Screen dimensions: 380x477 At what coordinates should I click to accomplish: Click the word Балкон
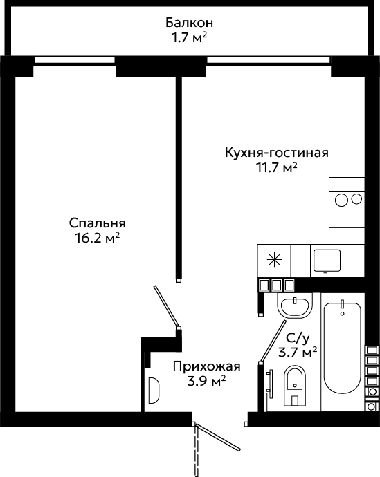pos(189,23)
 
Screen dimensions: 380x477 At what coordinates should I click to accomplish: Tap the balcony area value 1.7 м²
pos(189,38)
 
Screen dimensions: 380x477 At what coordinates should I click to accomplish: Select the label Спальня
pos(97,223)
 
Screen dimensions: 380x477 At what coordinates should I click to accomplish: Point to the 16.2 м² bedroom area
pos(97,238)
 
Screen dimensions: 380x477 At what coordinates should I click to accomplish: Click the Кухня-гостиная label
pos(277,152)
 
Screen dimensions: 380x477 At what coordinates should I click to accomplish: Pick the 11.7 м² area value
pos(277,167)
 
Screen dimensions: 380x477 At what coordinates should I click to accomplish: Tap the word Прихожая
pos(207,366)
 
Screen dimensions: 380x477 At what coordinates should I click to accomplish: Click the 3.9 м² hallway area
pos(207,381)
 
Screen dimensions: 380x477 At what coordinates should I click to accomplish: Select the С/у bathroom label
pos(298,337)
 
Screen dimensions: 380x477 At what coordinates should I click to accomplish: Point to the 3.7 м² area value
pos(298,353)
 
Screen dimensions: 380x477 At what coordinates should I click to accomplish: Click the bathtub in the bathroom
pos(342,348)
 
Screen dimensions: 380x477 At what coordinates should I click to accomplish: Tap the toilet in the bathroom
pos(294,386)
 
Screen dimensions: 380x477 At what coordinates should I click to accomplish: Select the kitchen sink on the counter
pos(327,261)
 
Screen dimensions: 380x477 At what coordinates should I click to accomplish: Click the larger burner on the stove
pos(342,200)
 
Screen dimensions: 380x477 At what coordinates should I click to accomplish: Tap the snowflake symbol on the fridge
pos(274,260)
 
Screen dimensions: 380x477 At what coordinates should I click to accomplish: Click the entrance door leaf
pos(218,438)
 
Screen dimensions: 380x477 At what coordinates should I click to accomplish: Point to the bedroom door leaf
pos(166,307)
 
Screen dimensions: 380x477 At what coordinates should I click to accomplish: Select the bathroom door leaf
pos(273,341)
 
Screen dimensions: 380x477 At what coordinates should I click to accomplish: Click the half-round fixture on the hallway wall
pos(154,391)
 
